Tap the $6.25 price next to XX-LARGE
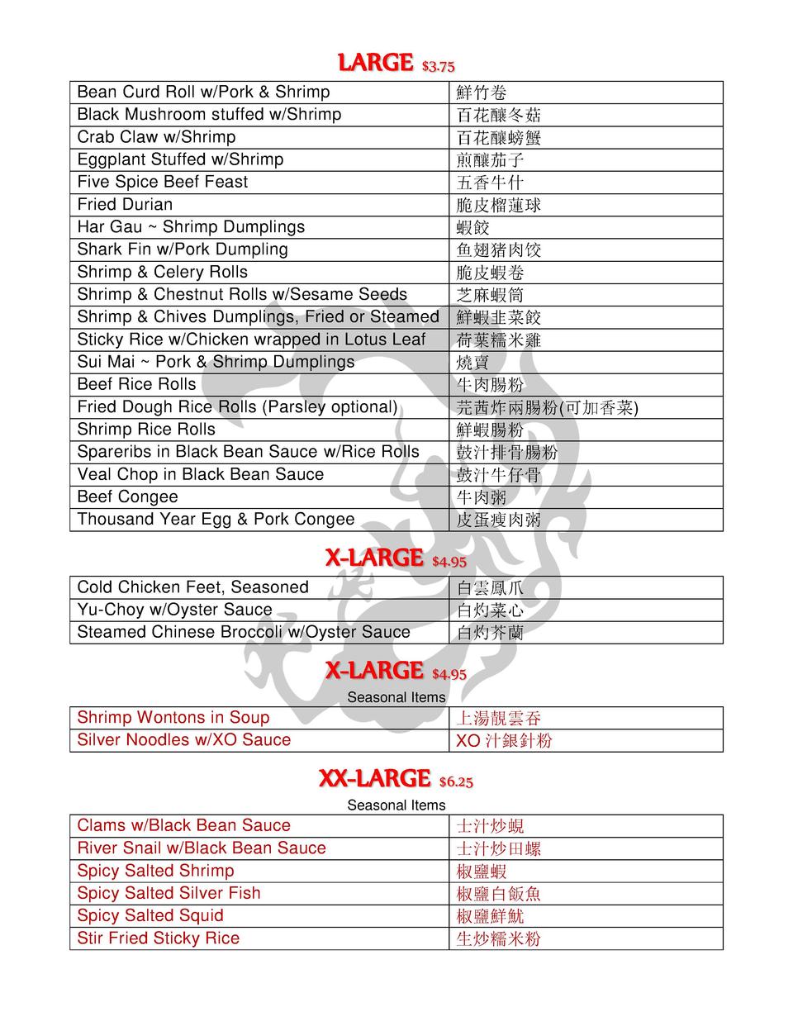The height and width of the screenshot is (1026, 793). click(456, 782)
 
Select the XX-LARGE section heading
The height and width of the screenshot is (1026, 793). click(374, 779)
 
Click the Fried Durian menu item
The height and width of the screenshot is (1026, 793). click(125, 205)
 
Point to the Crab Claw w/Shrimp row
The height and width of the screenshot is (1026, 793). click(156, 137)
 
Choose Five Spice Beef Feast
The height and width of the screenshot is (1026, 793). click(162, 182)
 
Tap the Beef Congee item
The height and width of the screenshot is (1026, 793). click(127, 497)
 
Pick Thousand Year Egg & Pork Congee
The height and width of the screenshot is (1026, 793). click(216, 520)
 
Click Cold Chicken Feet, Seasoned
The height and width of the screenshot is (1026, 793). click(192, 587)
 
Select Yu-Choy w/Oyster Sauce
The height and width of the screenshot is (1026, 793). click(174, 610)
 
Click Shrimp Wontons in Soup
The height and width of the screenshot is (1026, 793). click(173, 718)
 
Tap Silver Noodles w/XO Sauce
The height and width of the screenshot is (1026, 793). click(183, 740)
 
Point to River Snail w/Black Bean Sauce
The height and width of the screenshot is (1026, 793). click(201, 848)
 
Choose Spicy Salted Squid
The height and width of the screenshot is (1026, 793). click(150, 916)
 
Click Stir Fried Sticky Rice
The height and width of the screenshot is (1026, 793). click(158, 938)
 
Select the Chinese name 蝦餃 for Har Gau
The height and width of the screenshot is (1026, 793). click(473, 228)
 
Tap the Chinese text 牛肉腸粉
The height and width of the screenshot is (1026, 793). click(490, 385)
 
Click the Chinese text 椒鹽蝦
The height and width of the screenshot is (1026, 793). click(482, 872)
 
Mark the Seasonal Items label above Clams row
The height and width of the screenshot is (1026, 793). click(396, 805)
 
